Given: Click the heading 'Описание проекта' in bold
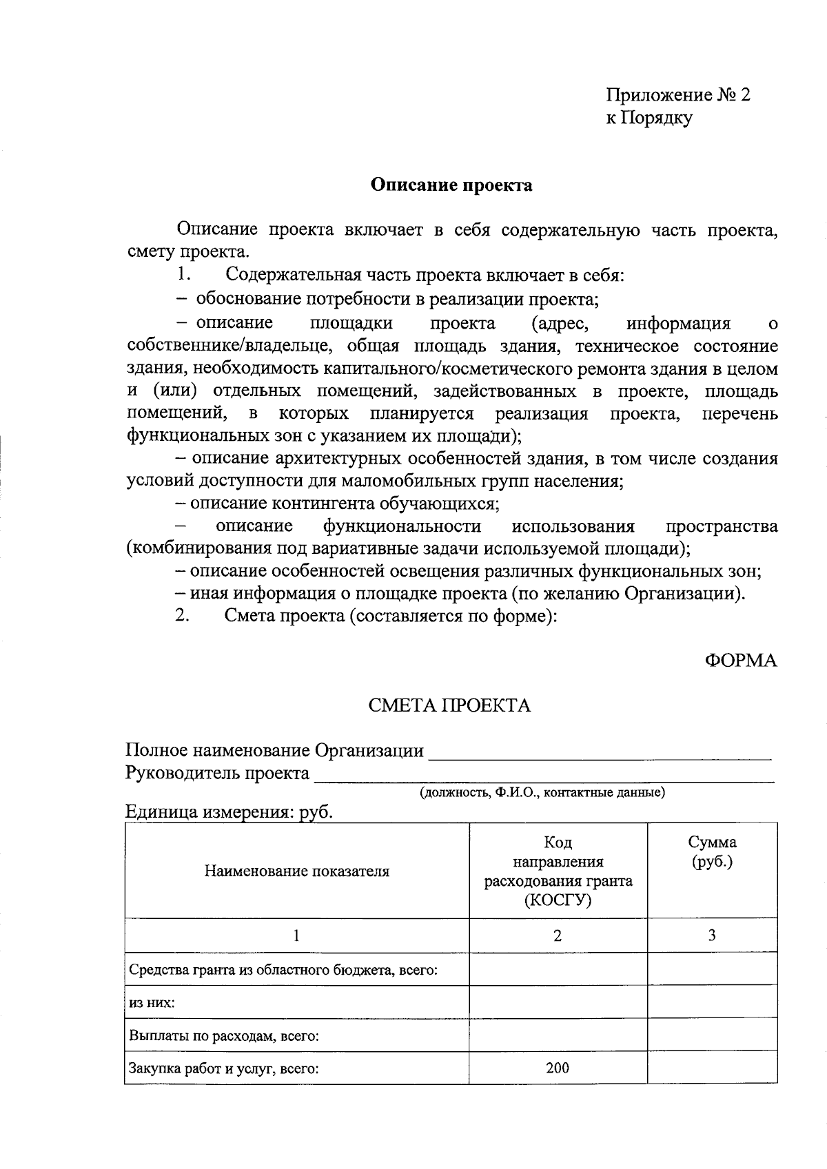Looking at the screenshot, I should click(x=451, y=185).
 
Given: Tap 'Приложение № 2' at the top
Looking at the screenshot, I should click(x=677, y=94).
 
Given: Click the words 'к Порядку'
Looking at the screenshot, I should click(x=649, y=118).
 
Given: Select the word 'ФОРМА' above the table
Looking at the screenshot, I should click(x=740, y=661).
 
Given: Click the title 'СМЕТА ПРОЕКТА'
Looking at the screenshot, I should click(x=449, y=705).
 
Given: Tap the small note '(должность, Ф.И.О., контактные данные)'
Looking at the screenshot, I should click(x=543, y=793).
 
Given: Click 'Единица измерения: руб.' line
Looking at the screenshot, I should click(x=229, y=812).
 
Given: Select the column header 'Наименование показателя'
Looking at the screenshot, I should click(x=296, y=871).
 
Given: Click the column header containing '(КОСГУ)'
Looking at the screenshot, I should click(x=558, y=871).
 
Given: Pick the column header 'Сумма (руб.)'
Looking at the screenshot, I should click(x=712, y=852).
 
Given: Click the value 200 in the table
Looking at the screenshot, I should click(x=558, y=1068).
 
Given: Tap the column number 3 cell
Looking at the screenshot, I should click(x=712, y=935).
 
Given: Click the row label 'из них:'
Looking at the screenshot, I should click(x=152, y=1002).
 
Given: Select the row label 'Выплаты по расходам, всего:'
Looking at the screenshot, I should click(x=223, y=1035).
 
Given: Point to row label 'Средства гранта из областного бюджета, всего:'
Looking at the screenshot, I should click(x=283, y=970).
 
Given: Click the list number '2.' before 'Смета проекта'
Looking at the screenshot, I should click(x=182, y=616).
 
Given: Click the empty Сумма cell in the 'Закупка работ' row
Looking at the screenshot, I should click(x=712, y=1068).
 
